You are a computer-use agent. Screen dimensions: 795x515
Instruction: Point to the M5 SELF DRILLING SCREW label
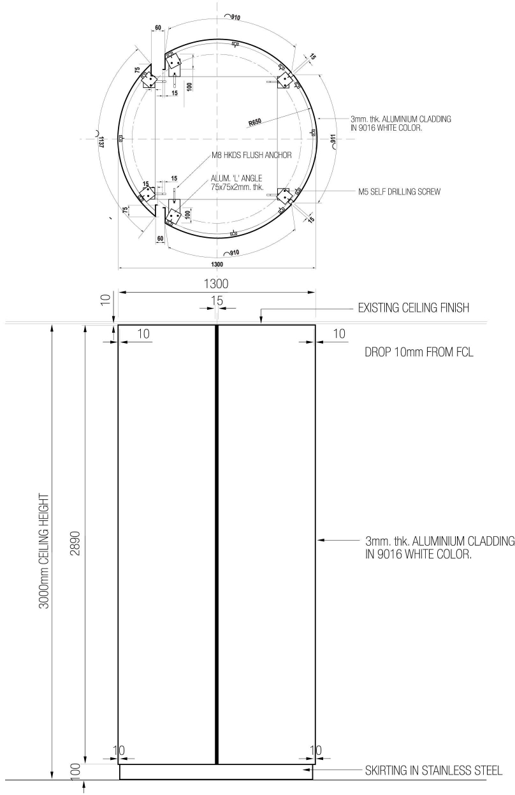(x=399, y=191)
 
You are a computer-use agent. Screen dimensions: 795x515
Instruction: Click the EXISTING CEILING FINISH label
(x=414, y=308)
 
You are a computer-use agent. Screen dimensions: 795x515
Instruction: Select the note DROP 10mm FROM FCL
(x=416, y=353)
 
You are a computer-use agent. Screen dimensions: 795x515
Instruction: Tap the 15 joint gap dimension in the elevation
(x=217, y=299)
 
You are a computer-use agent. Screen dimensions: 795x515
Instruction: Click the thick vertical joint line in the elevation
(x=217, y=542)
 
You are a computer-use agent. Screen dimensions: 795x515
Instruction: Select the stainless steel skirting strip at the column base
(x=217, y=772)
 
